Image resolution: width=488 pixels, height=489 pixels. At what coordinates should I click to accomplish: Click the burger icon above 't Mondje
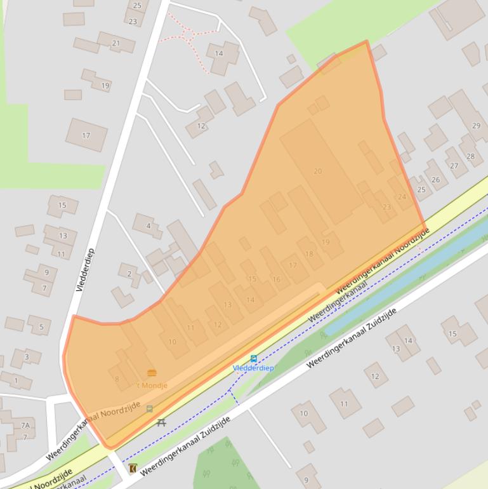click(151, 373)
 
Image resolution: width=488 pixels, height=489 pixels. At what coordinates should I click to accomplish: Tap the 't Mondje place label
click(150, 385)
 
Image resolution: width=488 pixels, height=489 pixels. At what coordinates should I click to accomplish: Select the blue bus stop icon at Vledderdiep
click(254, 359)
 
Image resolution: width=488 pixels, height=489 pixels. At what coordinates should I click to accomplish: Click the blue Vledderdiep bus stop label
click(253, 368)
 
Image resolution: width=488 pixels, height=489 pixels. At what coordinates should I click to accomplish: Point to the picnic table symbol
click(162, 422)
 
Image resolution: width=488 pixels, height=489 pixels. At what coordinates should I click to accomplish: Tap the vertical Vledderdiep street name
click(84, 269)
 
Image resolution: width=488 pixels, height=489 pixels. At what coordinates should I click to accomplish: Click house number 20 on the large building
click(318, 171)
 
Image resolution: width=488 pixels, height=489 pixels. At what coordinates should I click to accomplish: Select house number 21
click(115, 43)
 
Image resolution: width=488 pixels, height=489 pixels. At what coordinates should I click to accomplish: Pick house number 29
click(476, 126)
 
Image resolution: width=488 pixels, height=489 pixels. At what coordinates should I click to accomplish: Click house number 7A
click(25, 425)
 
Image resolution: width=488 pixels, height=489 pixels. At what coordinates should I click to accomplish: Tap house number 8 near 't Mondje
click(117, 379)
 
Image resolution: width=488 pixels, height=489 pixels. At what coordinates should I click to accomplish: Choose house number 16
click(276, 279)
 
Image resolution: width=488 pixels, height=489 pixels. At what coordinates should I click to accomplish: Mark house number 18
click(309, 254)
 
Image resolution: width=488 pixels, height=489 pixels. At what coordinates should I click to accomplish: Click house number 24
click(402, 197)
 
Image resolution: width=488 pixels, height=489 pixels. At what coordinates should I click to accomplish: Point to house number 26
click(435, 180)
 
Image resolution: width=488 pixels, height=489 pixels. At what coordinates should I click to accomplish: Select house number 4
click(148, 225)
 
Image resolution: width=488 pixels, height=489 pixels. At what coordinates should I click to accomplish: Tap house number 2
click(129, 274)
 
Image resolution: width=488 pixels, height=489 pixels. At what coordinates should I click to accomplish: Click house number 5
click(41, 328)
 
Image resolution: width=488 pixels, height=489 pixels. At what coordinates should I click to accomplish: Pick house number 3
click(26, 357)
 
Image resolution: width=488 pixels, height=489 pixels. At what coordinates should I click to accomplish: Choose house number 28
click(470, 156)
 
